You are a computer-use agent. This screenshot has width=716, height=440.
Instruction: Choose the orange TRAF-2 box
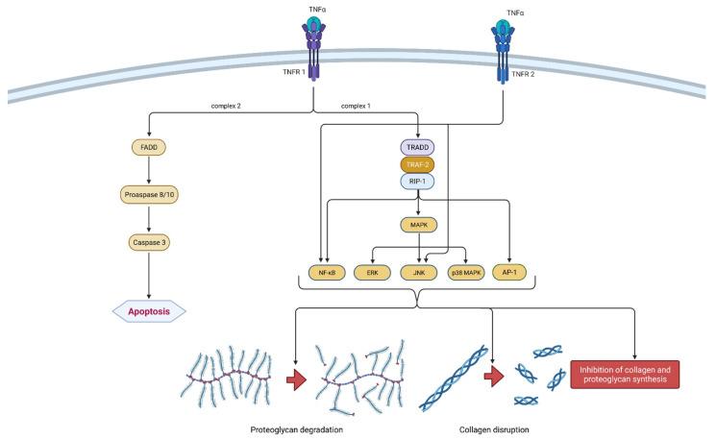pos(417,164)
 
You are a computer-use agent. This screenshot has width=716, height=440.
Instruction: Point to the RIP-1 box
pos(417,181)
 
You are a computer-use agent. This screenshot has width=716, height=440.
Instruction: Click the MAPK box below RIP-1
pos(417,227)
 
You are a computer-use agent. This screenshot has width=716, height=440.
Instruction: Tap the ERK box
pos(372,272)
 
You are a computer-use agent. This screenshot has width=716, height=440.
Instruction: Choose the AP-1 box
pos(508,272)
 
